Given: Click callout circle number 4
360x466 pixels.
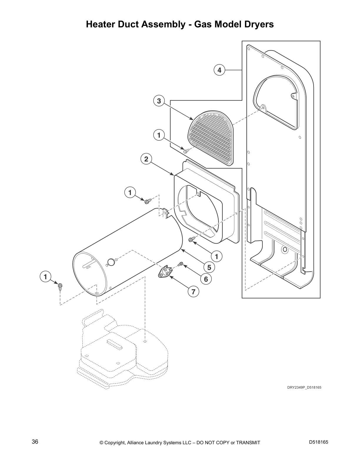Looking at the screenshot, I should coord(219,70).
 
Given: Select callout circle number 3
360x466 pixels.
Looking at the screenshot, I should coord(159,101).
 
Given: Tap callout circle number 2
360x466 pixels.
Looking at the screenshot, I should coord(146,159).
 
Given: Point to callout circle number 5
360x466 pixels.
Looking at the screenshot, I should coord(209,267).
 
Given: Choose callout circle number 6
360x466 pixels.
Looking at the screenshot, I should coord(206,279).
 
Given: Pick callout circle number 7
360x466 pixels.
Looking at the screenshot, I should coord(193,292).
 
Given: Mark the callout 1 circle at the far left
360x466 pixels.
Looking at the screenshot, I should coord(45,277).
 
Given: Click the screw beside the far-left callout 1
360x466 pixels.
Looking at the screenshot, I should coord(60,286).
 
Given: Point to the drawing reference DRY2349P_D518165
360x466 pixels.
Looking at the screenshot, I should coord(304,387).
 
